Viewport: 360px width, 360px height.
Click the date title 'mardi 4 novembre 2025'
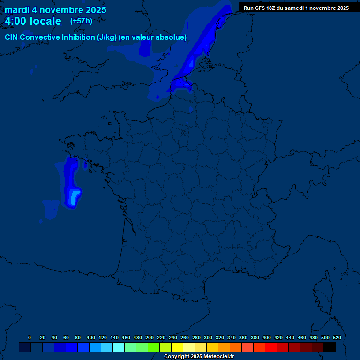(x=55, y=10)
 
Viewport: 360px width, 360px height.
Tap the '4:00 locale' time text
(x=33, y=21)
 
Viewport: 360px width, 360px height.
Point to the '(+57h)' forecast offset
(x=81, y=21)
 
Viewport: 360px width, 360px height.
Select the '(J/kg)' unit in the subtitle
(x=105, y=37)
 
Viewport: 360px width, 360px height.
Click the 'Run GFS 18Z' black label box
(x=296, y=7)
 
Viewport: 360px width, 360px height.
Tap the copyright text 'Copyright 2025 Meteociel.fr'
(x=199, y=357)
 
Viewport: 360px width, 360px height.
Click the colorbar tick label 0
(x=30, y=337)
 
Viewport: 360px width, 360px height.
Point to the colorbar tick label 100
(x=91, y=337)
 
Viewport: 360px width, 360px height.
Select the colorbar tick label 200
(x=150, y=337)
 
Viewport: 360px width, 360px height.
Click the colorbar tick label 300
(x=208, y=337)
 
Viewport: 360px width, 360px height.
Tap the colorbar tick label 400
(x=267, y=337)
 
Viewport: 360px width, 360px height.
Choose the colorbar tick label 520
(x=337, y=337)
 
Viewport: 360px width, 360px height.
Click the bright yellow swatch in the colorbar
(x=177, y=347)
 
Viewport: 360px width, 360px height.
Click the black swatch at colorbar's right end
(x=330, y=347)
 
